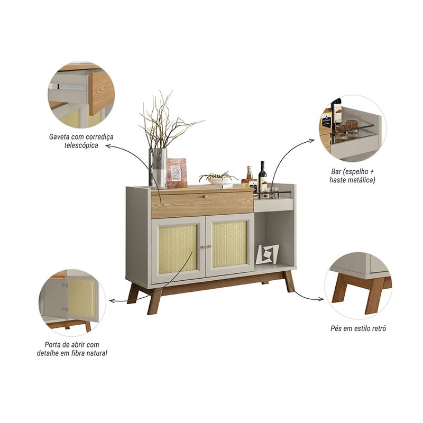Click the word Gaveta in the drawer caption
coord(58,137)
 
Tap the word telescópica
coord(81,145)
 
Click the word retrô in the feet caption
coord(378,328)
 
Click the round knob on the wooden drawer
coord(206,196)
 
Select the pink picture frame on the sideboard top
coord(177,173)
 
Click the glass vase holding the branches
coord(158,168)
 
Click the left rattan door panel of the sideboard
coord(178,249)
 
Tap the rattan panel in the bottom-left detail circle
coord(81,298)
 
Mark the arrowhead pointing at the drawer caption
coord(108,146)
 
